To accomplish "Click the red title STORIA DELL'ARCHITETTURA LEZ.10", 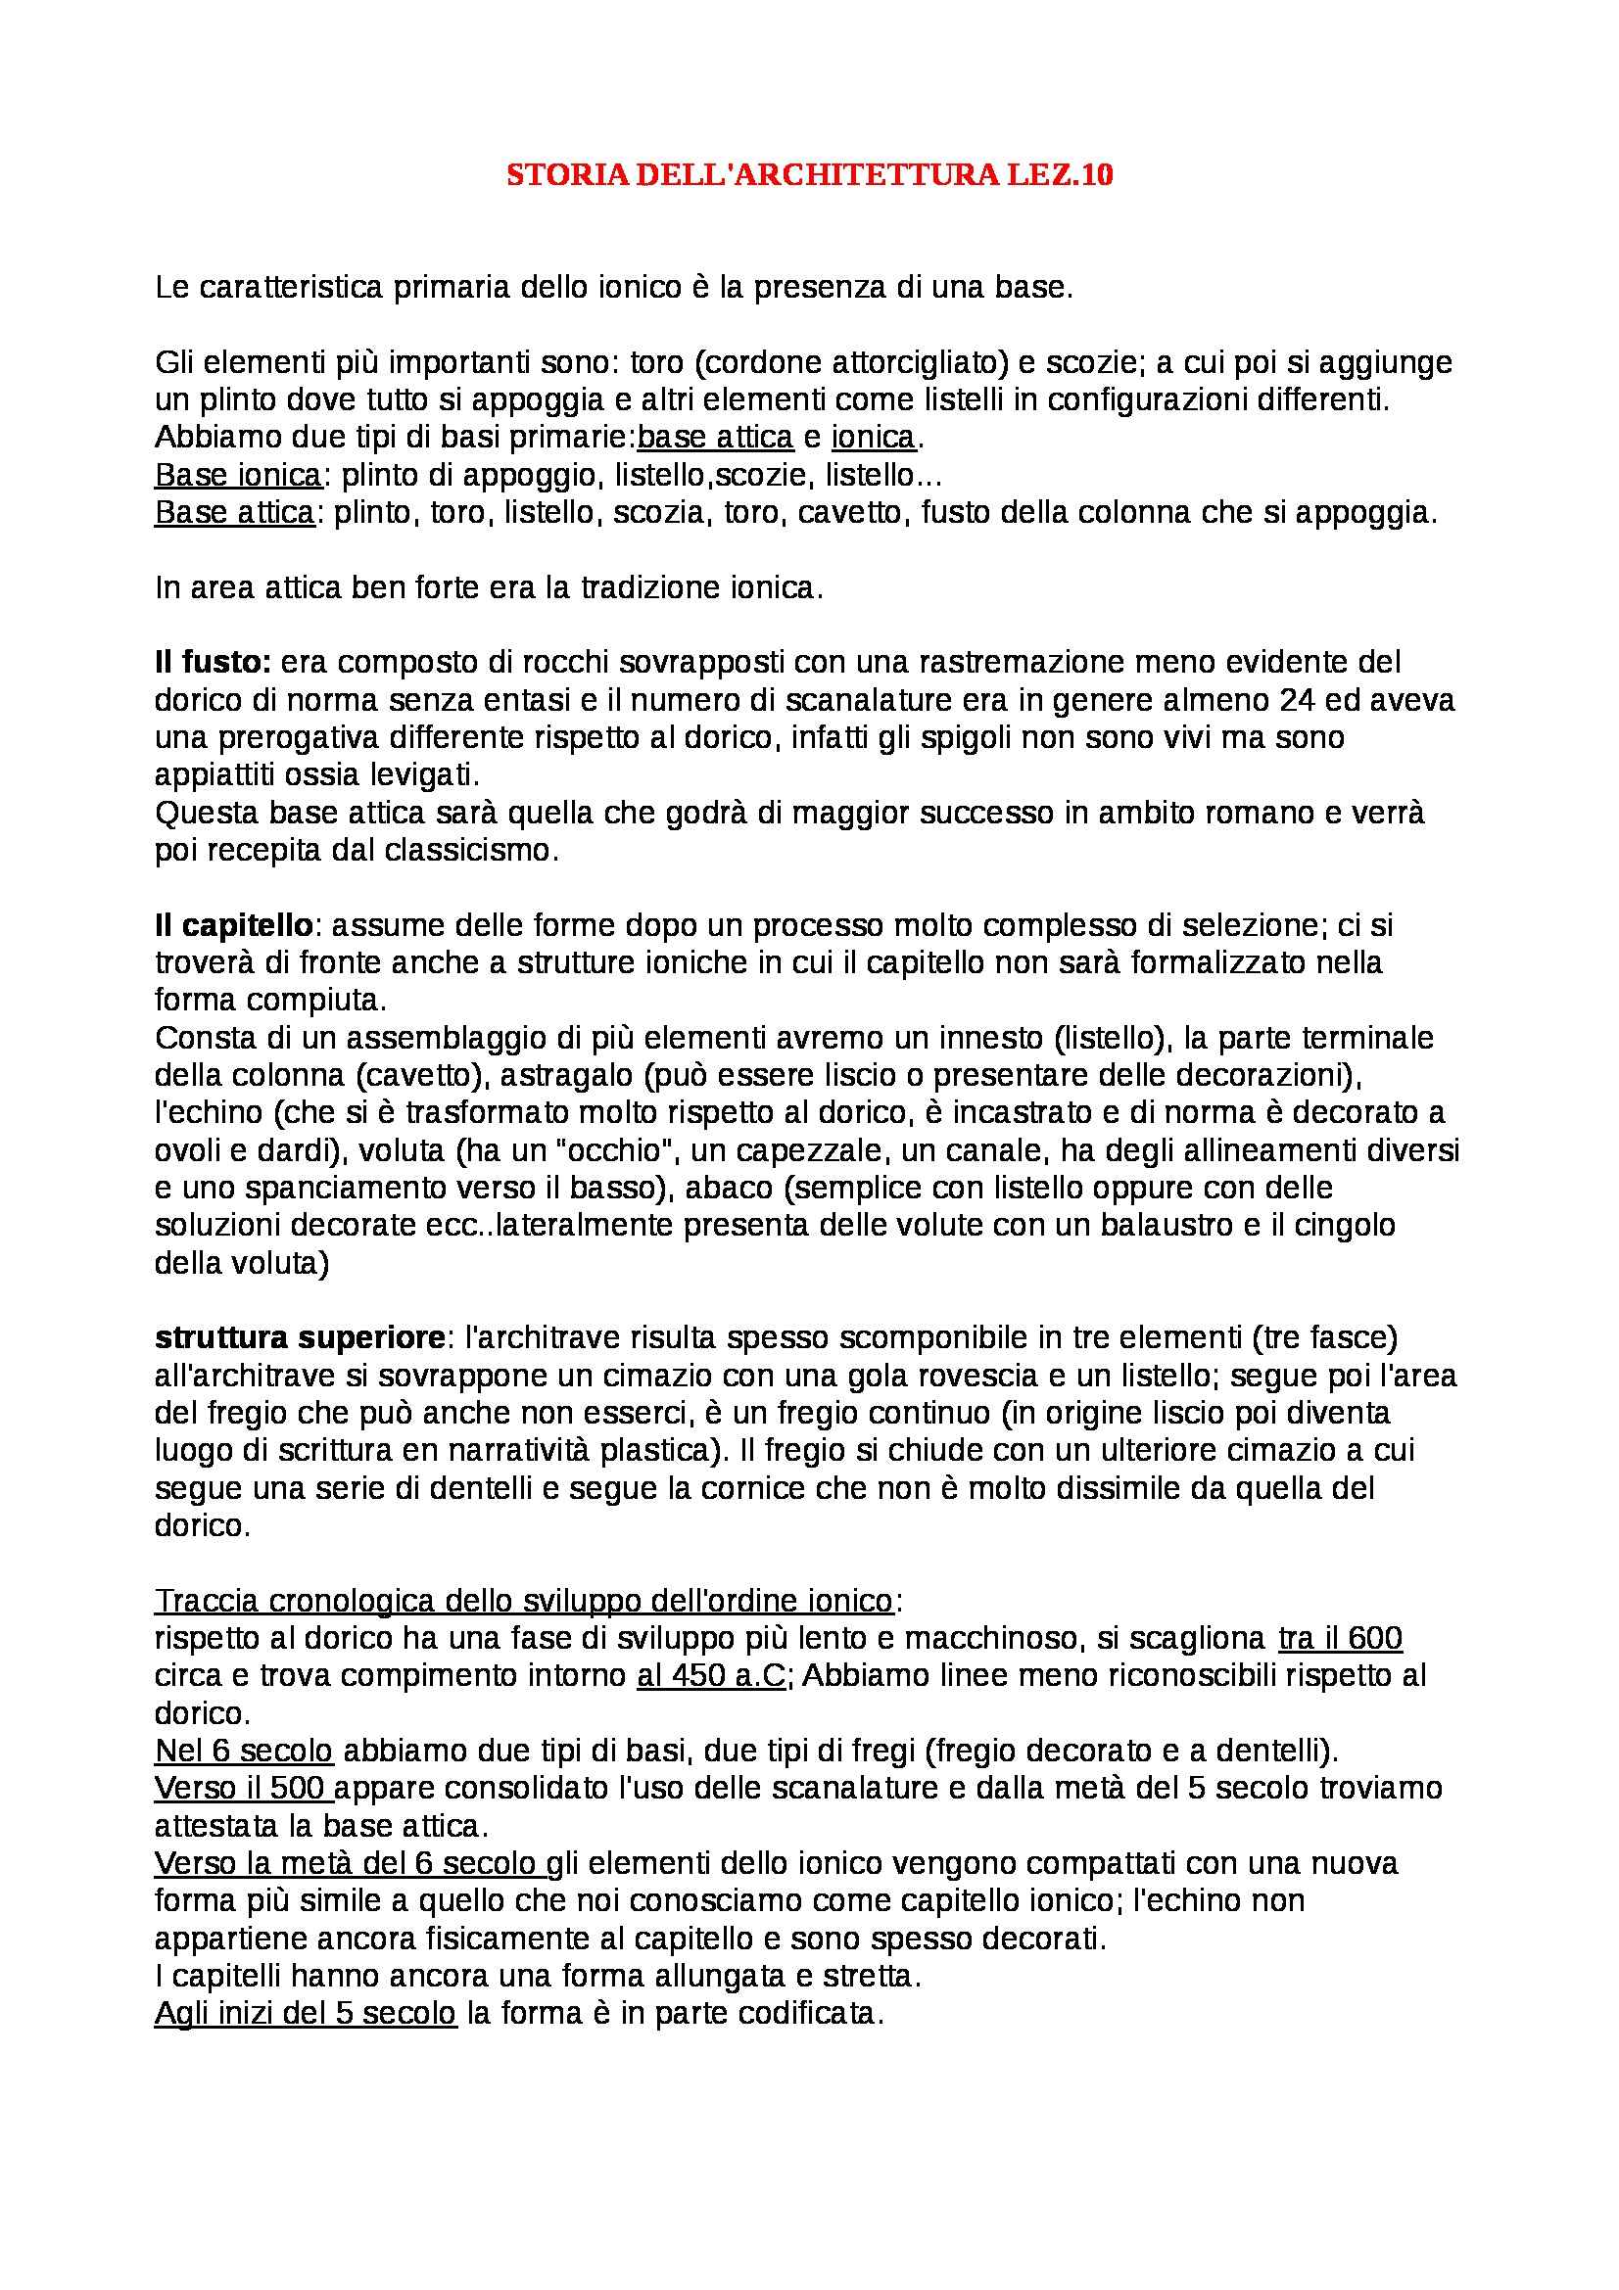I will click(809, 175).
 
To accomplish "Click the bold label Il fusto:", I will click(213, 662).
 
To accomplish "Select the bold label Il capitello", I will click(233, 925).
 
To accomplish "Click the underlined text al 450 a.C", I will click(711, 1675).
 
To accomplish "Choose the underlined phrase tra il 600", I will click(1340, 1638).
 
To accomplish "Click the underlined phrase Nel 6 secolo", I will click(244, 1751).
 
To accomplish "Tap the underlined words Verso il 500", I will click(244, 1789).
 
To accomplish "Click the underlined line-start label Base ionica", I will click(237, 476).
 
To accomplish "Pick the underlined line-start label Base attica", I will click(234, 514).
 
